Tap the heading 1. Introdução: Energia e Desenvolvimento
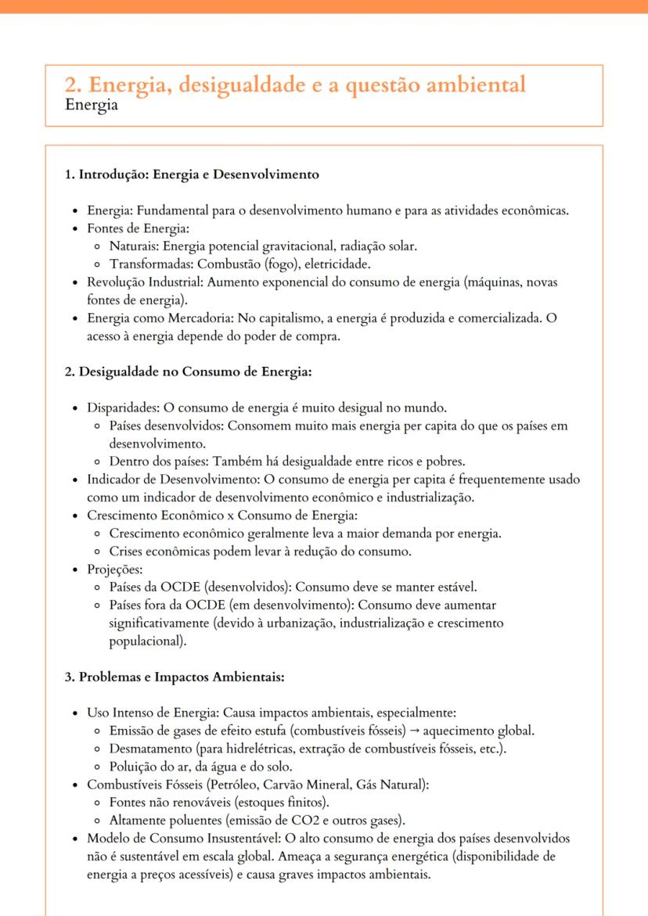point(192,174)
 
